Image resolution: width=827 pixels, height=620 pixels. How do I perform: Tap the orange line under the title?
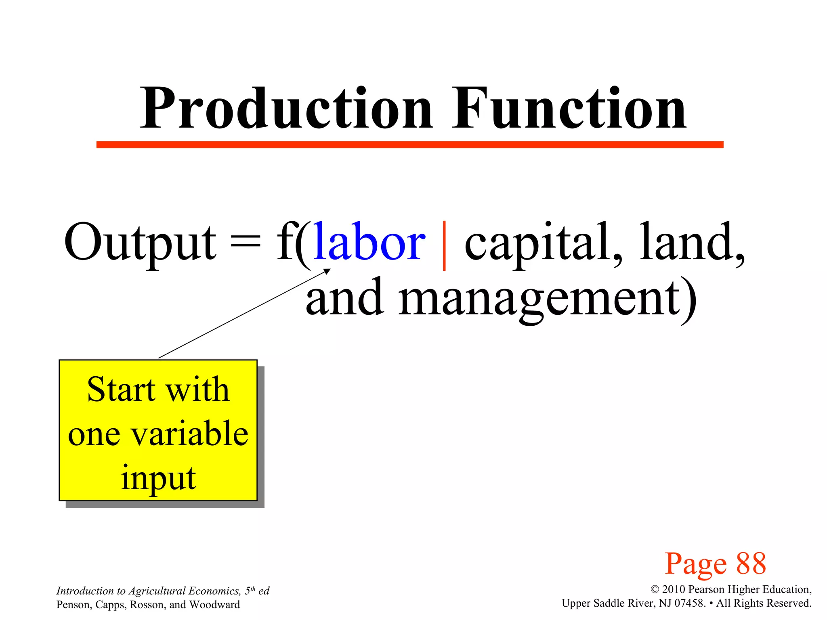(409, 145)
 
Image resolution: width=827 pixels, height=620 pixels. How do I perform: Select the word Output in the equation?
(140, 242)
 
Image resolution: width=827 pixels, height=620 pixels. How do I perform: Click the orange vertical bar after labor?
(444, 245)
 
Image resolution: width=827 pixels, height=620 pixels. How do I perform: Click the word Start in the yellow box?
(121, 390)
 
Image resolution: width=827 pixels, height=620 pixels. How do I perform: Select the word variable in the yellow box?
(190, 434)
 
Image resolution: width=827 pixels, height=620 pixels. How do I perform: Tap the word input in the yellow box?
(158, 478)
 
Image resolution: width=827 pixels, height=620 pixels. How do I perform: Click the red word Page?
(696, 564)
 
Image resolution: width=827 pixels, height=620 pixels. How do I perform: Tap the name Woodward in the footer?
(214, 605)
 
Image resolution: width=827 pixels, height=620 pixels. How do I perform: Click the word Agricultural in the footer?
(157, 591)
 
